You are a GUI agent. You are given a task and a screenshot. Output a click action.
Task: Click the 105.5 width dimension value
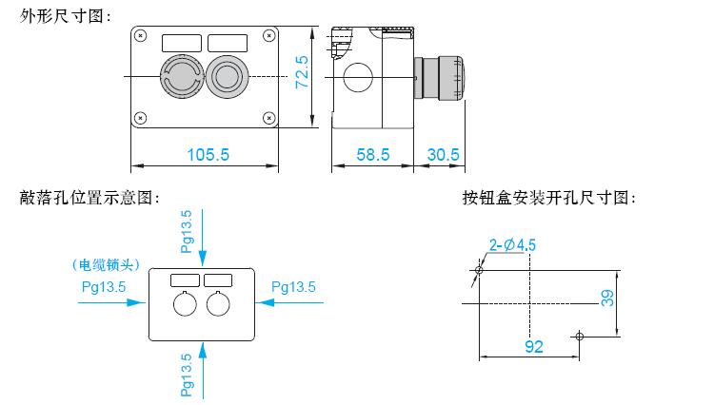(208, 155)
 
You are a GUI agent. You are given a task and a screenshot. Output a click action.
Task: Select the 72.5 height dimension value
(302, 72)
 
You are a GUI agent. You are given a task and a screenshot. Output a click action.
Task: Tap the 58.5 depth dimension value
(373, 155)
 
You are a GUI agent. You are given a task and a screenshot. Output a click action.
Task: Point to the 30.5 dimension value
(443, 155)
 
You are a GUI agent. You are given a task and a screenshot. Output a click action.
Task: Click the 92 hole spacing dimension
(534, 347)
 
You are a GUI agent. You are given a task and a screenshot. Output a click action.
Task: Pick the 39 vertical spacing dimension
(607, 299)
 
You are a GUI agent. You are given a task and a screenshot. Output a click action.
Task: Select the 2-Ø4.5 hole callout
(512, 245)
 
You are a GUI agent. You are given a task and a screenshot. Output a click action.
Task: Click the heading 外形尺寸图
(65, 16)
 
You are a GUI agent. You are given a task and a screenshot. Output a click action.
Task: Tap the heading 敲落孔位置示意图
(89, 198)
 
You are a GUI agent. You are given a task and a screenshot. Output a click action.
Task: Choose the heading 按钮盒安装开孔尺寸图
(548, 198)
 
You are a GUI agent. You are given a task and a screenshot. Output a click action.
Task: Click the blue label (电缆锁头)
(106, 265)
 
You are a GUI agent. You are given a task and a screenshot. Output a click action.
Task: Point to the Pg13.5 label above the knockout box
(187, 231)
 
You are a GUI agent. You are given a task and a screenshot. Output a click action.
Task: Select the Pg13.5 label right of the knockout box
(294, 287)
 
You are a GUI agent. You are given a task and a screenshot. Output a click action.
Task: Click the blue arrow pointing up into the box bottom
(203, 371)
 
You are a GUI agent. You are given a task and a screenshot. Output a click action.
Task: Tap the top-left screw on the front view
(141, 35)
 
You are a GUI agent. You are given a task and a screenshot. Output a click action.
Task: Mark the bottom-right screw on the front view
(269, 118)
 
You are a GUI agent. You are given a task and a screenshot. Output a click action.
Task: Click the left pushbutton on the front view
(182, 77)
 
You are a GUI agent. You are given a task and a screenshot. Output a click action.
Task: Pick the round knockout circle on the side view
(358, 77)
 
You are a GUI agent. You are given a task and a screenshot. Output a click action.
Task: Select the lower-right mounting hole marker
(579, 337)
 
